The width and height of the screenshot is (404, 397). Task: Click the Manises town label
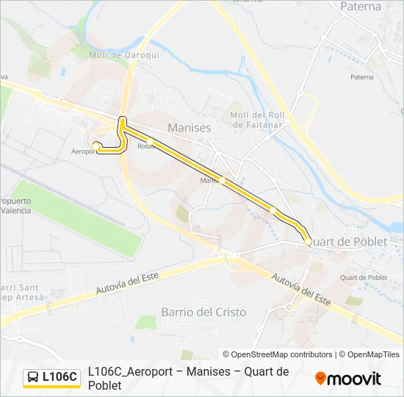[x=189, y=128]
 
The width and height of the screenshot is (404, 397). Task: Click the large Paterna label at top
[x=361, y=7]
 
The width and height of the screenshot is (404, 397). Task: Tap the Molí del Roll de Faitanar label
[x=256, y=120]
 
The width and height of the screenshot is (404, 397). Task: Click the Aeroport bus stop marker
[x=96, y=146]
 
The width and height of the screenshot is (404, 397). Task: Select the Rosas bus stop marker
[x=149, y=140]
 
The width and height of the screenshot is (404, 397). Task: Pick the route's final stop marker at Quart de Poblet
[x=307, y=241]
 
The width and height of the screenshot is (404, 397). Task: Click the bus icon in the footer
[x=33, y=377]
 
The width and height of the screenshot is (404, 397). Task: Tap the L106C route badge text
[x=59, y=377]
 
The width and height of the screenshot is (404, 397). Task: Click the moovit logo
[x=348, y=379]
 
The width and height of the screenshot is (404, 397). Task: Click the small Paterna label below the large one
[x=361, y=76]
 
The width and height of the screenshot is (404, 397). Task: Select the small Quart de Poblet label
[x=364, y=277]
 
